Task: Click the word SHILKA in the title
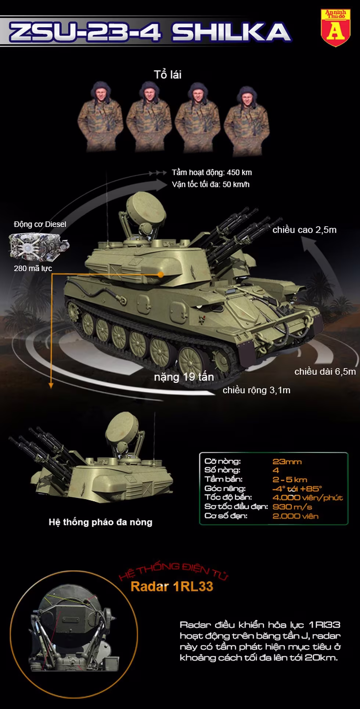[231, 32]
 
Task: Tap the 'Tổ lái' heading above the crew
[168, 75]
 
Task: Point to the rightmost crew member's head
[246, 97]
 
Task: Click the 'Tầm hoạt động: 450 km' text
[212, 173]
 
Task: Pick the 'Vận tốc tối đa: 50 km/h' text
[211, 184]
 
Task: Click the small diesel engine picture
[39, 246]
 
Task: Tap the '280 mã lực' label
[33, 269]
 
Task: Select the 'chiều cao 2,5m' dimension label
[305, 230]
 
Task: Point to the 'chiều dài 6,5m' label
[325, 372]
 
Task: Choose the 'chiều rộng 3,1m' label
[256, 390]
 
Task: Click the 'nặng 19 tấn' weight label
[184, 377]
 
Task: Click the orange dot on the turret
[161, 274]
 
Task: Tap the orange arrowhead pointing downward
[51, 385]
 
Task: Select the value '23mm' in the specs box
[287, 462]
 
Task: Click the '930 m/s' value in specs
[292, 507]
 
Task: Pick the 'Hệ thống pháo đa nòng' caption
[100, 522]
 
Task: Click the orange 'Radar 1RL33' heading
[172, 587]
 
